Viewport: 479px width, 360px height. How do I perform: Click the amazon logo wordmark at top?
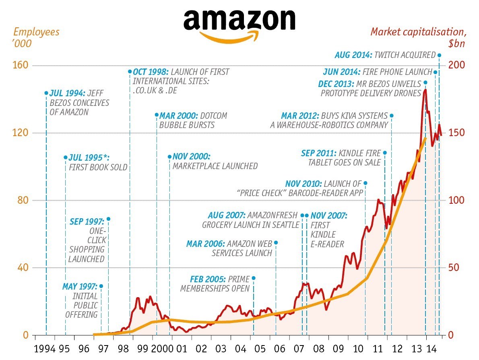[x=239, y=20]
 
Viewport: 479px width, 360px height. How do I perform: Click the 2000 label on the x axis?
[x=161, y=348]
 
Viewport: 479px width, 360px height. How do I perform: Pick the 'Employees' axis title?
[x=36, y=32]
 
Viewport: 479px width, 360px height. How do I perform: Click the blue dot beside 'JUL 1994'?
[x=46, y=93]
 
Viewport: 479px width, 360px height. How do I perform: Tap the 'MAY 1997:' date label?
[x=80, y=287]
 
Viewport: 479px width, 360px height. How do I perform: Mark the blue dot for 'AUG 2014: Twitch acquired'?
[x=439, y=55]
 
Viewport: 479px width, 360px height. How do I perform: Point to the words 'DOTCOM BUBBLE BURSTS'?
[x=193, y=120]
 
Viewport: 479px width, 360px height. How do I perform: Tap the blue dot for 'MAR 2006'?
[x=276, y=243]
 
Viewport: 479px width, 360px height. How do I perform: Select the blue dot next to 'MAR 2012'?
[x=391, y=116]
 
